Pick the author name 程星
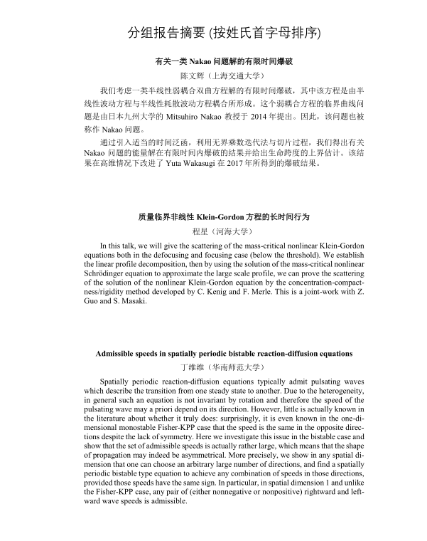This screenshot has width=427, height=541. coord(201,231)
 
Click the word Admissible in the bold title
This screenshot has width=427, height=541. coord(118,354)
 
